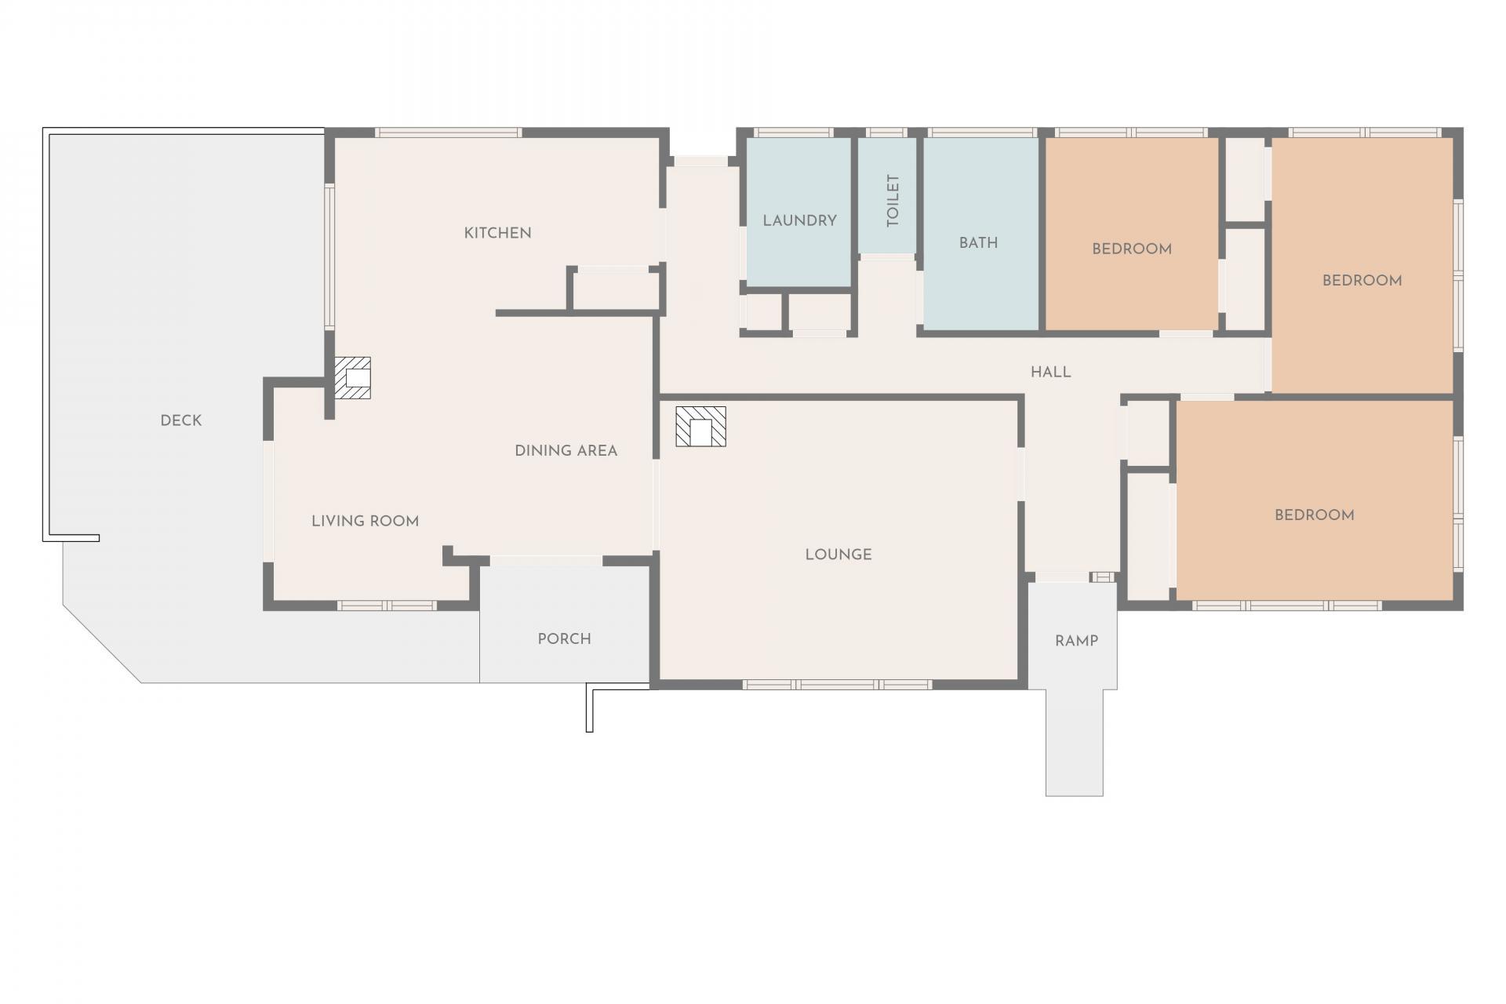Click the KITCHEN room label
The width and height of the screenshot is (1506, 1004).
tap(497, 233)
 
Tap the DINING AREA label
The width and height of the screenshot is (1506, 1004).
tap(566, 451)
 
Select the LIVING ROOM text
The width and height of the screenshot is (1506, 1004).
tap(365, 521)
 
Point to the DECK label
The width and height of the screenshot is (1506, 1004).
tap(180, 420)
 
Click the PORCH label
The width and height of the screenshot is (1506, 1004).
tap(564, 639)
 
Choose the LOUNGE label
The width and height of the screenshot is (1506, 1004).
tap(838, 555)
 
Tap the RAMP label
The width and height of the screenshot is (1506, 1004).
tap(1076, 641)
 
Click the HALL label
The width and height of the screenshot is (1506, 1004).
tap(1050, 373)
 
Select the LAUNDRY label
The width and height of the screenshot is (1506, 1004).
tap(799, 220)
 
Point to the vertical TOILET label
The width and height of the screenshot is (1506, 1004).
tap(893, 201)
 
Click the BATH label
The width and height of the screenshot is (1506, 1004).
tap(978, 243)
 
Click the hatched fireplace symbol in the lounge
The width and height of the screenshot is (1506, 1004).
tap(700, 426)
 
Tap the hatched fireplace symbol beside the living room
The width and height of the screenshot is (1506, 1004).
tap(352, 377)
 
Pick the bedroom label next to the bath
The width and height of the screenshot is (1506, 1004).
tap(1131, 249)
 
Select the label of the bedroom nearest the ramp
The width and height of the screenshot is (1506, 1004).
tap(1314, 515)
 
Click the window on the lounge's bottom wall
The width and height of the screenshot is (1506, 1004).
tap(838, 685)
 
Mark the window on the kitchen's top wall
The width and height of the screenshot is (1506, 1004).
tap(448, 133)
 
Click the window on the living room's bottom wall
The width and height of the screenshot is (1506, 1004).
tap(387, 606)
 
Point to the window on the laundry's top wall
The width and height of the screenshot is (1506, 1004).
tap(794, 133)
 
